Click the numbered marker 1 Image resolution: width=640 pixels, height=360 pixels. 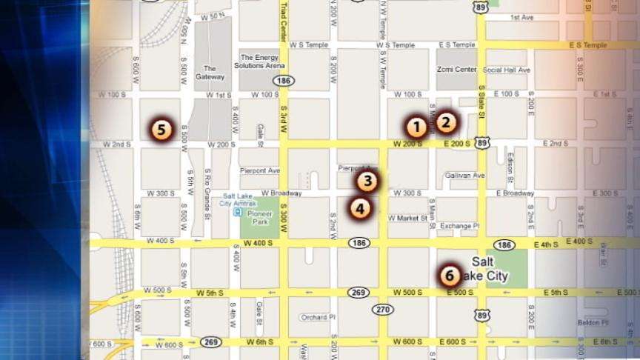[416, 127]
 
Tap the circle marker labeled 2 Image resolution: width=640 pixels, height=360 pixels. [446, 122]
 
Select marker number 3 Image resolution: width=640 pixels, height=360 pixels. [368, 181]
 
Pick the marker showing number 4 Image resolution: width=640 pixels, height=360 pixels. [359, 208]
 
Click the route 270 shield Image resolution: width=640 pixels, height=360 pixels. [382, 309]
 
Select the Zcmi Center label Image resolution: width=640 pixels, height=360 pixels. [456, 70]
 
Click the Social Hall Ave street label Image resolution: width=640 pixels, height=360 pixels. [507, 70]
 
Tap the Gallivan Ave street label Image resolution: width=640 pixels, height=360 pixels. [465, 176]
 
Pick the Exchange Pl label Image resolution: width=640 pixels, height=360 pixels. [460, 226]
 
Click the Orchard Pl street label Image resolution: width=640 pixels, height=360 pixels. [319, 318]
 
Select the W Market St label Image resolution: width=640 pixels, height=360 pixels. [407, 219]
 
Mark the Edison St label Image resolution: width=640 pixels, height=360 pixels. [511, 167]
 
